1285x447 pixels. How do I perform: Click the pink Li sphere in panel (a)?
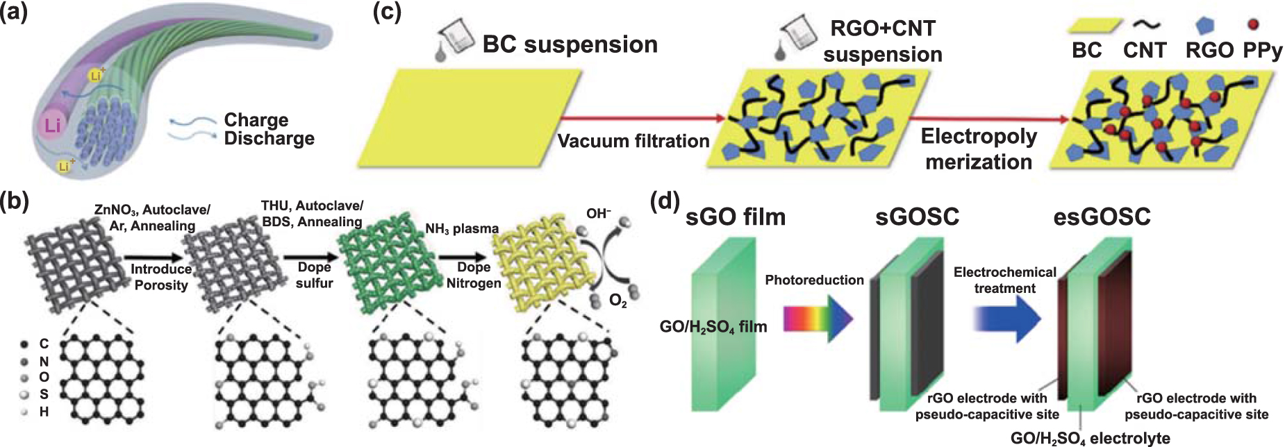[53, 125]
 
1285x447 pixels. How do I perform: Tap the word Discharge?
[269, 139]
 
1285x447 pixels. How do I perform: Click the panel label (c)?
[387, 12]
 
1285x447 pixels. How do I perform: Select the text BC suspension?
[570, 44]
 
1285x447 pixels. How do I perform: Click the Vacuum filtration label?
[633, 142]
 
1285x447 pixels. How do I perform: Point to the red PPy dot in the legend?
[1252, 25]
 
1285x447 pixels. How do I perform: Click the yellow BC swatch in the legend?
[1093, 26]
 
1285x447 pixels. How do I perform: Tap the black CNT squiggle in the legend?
[1146, 25]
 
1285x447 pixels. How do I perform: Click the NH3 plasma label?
[462, 228]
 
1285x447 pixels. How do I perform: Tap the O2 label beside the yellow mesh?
[617, 301]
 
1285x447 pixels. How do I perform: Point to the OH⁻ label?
[598, 214]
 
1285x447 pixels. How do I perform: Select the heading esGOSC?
[1102, 217]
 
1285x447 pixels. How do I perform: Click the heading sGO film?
[735, 217]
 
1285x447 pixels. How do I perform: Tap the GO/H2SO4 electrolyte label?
[1090, 438]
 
